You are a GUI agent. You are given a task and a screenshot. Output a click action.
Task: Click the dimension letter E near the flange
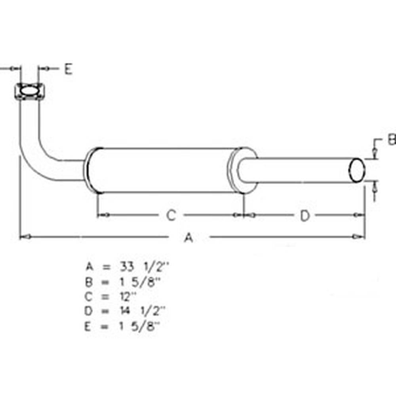coord(68,69)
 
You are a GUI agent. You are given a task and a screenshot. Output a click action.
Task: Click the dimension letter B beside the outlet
coord(391,140)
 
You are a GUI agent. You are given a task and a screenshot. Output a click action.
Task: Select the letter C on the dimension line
coord(170,215)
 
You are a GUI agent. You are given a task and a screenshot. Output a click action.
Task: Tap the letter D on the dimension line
coord(304,216)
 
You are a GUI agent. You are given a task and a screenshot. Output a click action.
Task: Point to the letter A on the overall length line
coord(189,238)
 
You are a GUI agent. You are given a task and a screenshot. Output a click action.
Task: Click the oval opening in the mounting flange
coord(29,91)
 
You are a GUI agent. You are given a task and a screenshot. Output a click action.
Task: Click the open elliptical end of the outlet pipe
coord(356,171)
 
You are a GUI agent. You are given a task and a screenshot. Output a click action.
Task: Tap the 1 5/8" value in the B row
coord(140,281)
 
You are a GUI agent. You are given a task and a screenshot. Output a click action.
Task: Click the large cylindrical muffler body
coord(162,170)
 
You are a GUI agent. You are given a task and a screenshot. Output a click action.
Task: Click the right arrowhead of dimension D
coord(360,215)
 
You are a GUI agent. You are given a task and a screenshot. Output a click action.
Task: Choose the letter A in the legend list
coord(89,267)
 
